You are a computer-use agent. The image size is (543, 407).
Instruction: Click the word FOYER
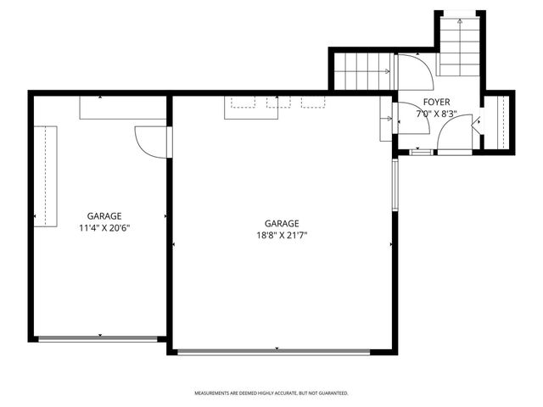tap(436, 102)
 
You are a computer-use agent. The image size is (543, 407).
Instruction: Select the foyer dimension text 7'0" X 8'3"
tap(436, 113)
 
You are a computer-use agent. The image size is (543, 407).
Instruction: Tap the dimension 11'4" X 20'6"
tap(104, 227)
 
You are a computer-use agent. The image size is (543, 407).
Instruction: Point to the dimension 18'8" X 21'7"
tap(281, 236)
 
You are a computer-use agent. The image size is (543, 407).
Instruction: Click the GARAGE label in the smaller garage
tap(104, 216)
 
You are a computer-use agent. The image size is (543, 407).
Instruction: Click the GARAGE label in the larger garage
tap(281, 224)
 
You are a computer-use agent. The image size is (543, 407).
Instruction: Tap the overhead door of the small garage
tap(99, 338)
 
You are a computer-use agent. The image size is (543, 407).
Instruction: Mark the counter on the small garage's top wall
tap(123, 107)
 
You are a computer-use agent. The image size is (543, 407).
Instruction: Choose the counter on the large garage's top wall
tap(279, 108)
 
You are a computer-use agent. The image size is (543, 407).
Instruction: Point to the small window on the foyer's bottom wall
tap(419, 152)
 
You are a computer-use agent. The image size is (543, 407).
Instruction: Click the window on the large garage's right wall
tap(394, 184)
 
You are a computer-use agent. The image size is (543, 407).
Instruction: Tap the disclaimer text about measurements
tap(271, 393)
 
